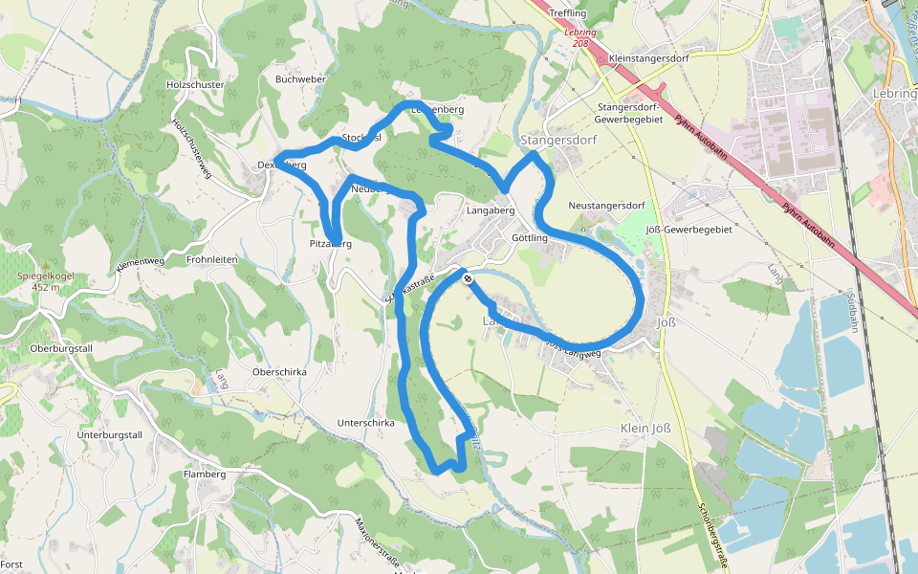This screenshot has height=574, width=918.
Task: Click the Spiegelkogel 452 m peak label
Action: pos(45,280)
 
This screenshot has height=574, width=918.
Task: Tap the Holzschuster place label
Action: pos(194,85)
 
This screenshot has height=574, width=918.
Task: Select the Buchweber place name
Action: pos(300,79)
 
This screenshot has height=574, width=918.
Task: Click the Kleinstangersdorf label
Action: pos(647,58)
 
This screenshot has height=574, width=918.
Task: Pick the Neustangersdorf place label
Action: pos(606,206)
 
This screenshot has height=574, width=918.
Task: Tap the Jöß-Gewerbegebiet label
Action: pos(688,230)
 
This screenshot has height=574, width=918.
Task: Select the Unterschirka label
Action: pos(366,422)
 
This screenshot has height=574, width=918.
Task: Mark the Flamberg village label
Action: pos(204,474)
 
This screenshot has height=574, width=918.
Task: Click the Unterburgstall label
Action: pos(109,435)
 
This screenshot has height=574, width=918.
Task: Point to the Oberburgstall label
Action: pos(60,349)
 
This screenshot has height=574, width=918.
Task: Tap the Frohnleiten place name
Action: pos(212,259)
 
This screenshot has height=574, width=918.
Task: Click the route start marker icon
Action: pos(468,279)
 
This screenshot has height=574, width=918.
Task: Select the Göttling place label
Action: pos(530,237)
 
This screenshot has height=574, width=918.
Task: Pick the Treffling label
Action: pos(568,13)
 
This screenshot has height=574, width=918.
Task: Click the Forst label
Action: pos(11,564)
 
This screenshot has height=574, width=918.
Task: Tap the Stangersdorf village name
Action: pos(558,141)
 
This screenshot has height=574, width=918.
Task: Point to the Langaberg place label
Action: pos(491,210)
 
